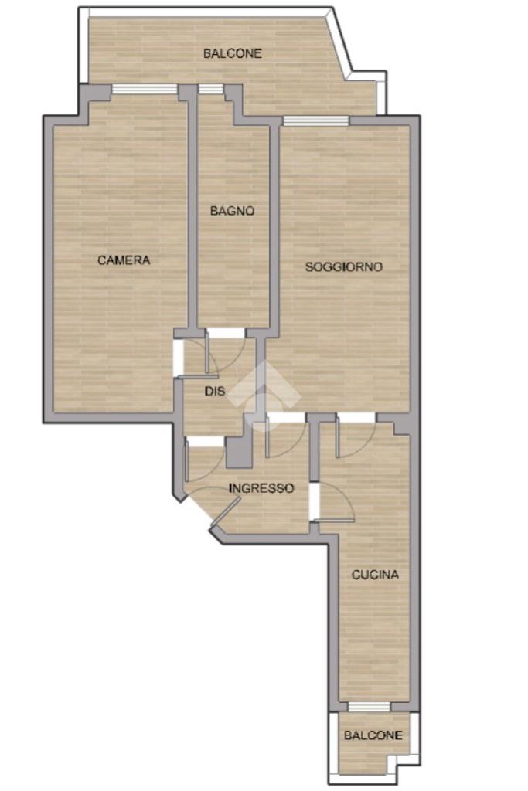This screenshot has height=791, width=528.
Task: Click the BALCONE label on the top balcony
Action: coord(232,53)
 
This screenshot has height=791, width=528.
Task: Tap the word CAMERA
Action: coord(124,260)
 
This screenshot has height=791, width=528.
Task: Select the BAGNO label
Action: coord(232,211)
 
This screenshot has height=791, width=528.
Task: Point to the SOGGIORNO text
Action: coord(344,266)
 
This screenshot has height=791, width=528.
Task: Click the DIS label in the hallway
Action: coord(215,391)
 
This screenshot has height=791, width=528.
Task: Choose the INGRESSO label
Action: coord(261,488)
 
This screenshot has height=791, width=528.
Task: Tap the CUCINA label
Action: coord(375,575)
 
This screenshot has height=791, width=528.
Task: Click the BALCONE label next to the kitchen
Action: coord(373,735)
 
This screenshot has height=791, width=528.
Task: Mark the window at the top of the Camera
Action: coord(145,90)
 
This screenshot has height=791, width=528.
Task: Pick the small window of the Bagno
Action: coord(210,90)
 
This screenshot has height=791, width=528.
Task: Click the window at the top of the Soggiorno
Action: coord(316,121)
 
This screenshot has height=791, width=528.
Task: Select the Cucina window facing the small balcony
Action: coord(370,707)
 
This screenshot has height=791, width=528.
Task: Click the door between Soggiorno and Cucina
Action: coord(356,435)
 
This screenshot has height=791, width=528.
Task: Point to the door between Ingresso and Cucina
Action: coord(332,502)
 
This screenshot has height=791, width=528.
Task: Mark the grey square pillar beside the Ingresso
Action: coord(239,452)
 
